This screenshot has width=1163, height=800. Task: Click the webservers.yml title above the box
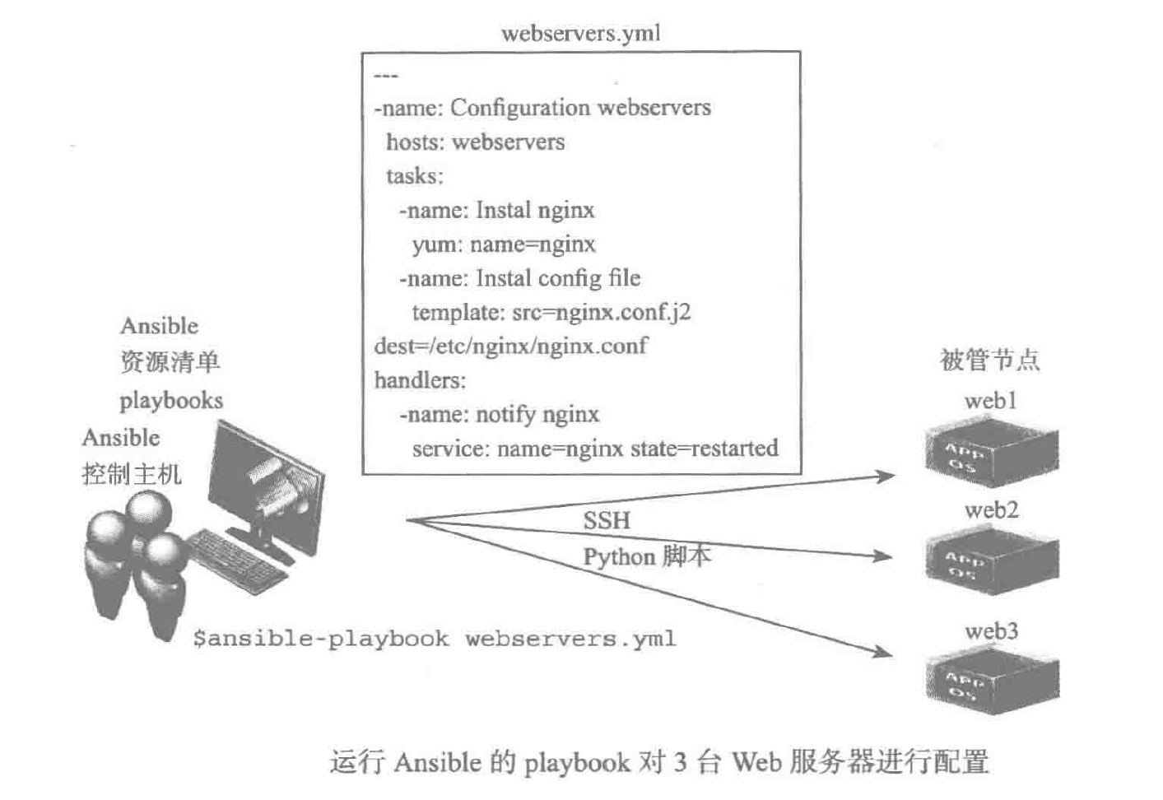pyautogui.click(x=580, y=33)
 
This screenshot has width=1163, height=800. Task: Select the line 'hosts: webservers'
pyautogui.click(x=475, y=142)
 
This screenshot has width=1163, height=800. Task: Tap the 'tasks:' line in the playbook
pyautogui.click(x=414, y=176)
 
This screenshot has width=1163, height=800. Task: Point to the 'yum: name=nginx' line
pyautogui.click(x=503, y=244)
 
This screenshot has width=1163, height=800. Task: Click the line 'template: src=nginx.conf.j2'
pyautogui.click(x=551, y=313)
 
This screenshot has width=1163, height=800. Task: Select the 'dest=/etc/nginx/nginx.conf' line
pyautogui.click(x=510, y=346)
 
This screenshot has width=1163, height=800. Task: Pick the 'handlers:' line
pyautogui.click(x=420, y=380)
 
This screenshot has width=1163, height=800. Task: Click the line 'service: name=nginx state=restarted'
pyautogui.click(x=594, y=449)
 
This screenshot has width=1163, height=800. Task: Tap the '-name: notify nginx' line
pyautogui.click(x=499, y=414)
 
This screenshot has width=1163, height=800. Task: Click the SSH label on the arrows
pyautogui.click(x=607, y=520)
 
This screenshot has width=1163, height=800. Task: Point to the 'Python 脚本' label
pyautogui.click(x=647, y=557)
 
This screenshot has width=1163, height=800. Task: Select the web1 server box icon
pyautogui.click(x=991, y=452)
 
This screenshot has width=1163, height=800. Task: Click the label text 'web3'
pyautogui.click(x=991, y=631)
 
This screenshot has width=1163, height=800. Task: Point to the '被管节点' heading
pyautogui.click(x=990, y=360)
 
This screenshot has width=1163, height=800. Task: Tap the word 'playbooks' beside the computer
pyautogui.click(x=171, y=401)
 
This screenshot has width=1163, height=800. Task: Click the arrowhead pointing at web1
pyautogui.click(x=886, y=476)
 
